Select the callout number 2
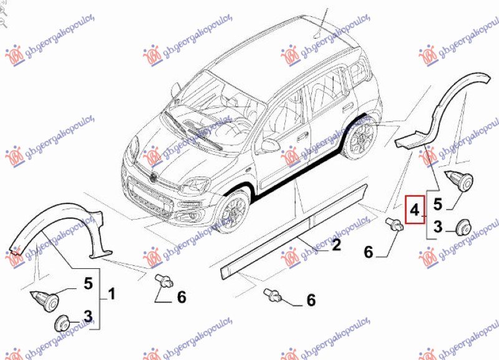tap(336, 245)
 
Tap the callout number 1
tap(112, 291)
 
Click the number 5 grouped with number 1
tap(88, 284)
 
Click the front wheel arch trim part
tap(59, 225)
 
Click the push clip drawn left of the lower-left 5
tap(46, 301)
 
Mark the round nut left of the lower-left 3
tap(62, 323)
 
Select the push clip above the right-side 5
tap(461, 180)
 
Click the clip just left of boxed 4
tap(394, 225)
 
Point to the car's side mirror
tap(269, 144)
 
